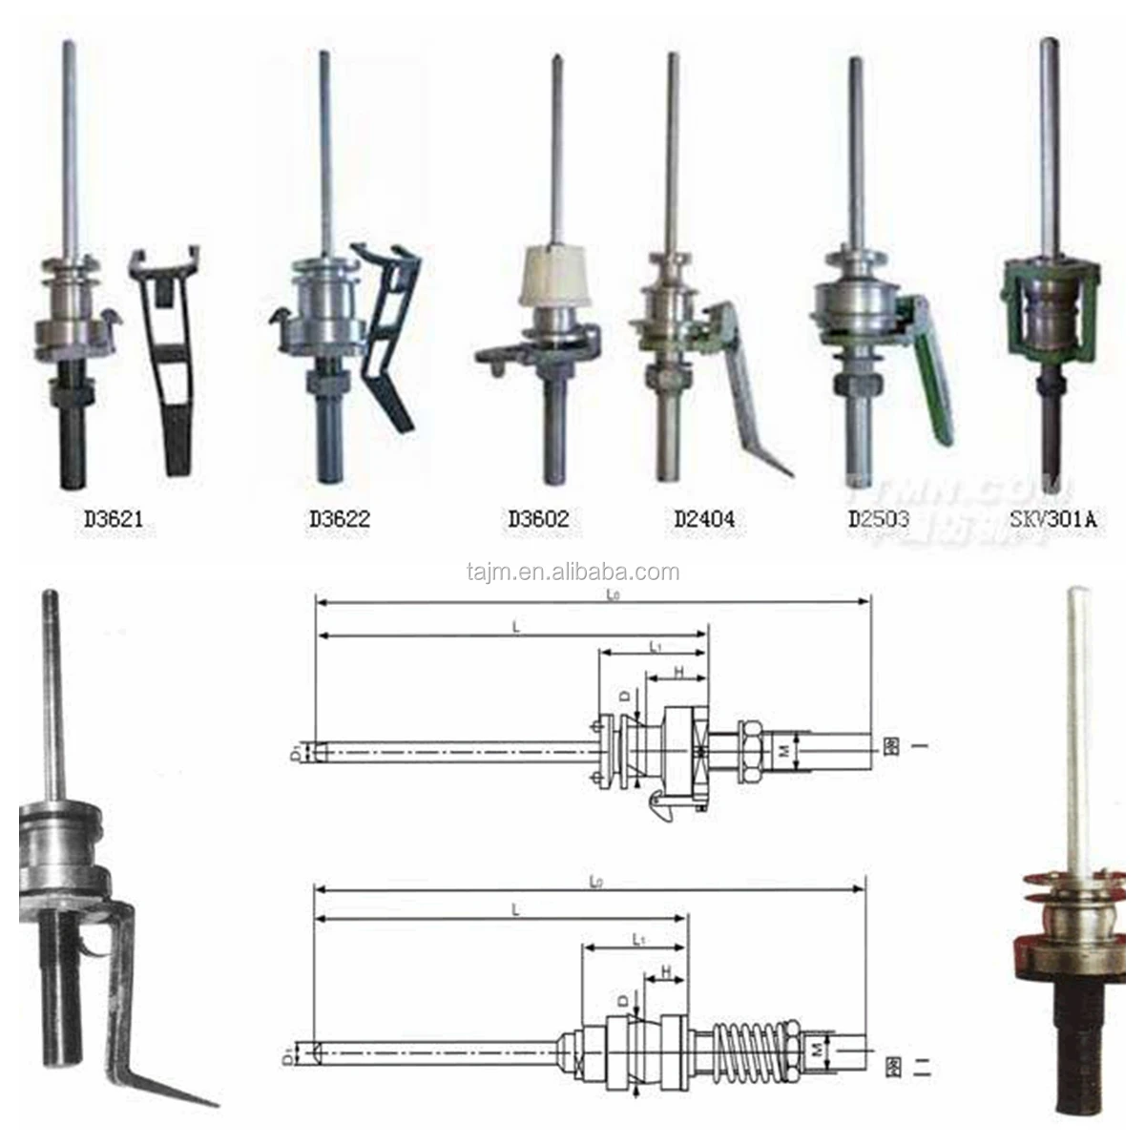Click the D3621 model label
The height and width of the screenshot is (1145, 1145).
[x=114, y=520]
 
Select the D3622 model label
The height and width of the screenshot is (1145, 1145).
[x=339, y=520]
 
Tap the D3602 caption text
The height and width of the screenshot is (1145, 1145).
[x=538, y=520]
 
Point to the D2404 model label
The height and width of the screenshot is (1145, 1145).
[x=704, y=520]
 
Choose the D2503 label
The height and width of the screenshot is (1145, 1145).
[x=879, y=520]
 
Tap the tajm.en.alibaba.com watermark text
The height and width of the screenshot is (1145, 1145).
[x=573, y=572]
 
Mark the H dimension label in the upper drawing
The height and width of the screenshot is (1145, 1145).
[x=678, y=671]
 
